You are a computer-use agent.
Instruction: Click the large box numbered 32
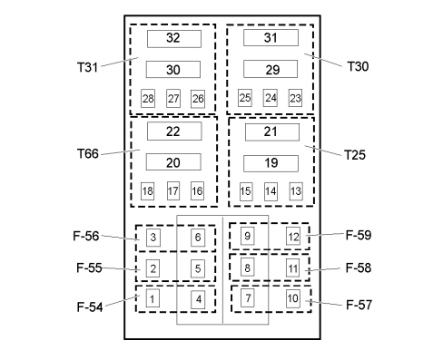[174, 39]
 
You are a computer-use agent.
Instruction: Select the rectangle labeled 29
[271, 69]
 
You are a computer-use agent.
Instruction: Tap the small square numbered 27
[173, 98]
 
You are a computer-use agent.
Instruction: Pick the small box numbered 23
[295, 98]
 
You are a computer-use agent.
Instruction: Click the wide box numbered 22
[174, 131]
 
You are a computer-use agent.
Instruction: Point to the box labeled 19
[271, 163]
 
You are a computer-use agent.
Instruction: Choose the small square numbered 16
[197, 190]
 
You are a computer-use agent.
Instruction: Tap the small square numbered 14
[271, 191]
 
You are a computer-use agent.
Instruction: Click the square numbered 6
[198, 238]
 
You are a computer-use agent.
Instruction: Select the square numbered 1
[153, 298]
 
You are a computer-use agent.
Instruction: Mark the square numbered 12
[293, 236]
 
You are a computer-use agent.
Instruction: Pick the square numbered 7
[248, 297]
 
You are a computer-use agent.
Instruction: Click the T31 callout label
[87, 67]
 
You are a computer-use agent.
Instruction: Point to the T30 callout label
[358, 66]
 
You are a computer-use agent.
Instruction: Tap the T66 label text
[88, 153]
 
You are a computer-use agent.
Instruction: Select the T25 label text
[355, 155]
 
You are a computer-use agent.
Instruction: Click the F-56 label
[86, 236]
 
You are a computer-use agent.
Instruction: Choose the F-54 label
[90, 306]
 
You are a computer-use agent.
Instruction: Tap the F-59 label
[359, 235]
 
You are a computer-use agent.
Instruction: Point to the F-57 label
[359, 305]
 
